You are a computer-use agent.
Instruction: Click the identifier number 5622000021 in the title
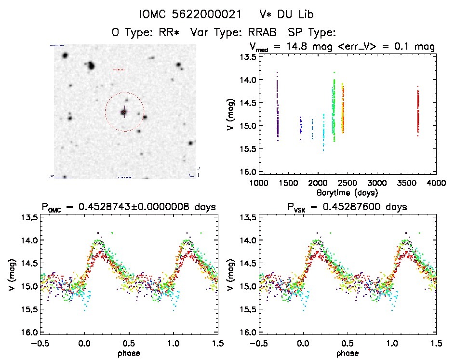(207, 14)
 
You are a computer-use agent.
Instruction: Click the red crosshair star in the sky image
(124, 112)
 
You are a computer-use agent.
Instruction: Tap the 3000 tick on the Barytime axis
(377, 183)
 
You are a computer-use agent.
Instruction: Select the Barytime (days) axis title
(348, 192)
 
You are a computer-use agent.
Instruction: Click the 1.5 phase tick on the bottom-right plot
(436, 343)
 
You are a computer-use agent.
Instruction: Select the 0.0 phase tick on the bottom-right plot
(304, 343)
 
